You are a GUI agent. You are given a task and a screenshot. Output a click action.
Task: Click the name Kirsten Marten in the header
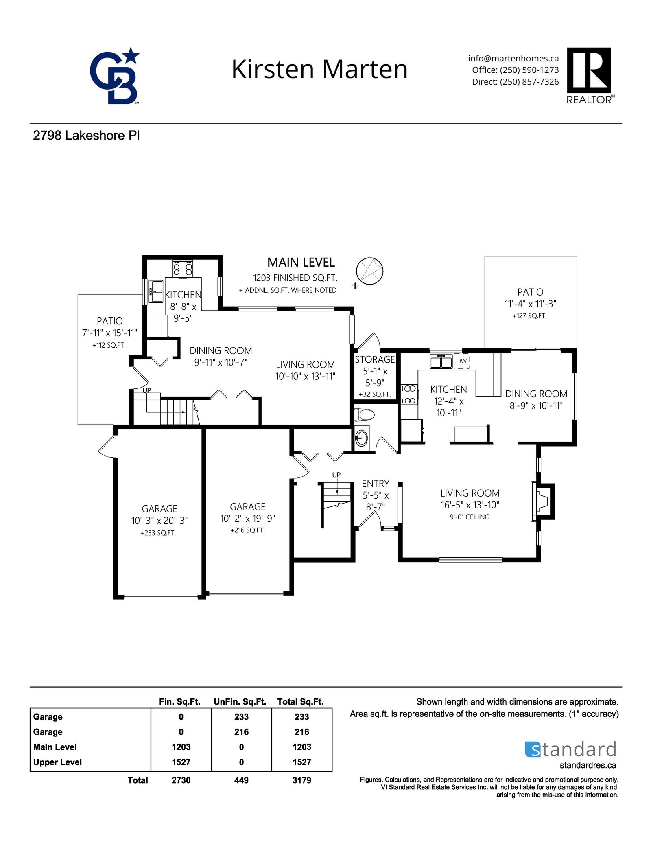[x=319, y=69]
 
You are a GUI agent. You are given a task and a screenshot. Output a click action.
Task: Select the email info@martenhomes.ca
[x=513, y=59]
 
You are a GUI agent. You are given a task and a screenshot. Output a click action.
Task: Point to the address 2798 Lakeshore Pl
[x=86, y=136]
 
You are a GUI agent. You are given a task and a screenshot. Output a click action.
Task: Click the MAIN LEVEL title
[x=301, y=263]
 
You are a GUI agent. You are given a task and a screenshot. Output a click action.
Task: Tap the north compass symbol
[x=369, y=271]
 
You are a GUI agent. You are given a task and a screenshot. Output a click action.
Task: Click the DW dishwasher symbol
[x=461, y=361]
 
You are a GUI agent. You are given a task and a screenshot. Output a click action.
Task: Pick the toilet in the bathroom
[x=364, y=415]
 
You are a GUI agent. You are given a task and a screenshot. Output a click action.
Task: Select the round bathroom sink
[x=361, y=438]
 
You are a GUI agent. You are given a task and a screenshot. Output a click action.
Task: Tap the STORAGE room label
[x=375, y=359]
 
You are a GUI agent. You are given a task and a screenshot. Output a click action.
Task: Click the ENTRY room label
[x=376, y=484]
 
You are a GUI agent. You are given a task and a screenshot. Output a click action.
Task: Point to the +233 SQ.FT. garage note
[x=158, y=533]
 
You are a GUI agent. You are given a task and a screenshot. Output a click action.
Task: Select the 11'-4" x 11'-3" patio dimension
[x=530, y=304]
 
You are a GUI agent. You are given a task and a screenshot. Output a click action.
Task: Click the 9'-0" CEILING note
[x=470, y=517]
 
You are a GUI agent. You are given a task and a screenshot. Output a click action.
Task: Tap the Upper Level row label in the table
[x=57, y=762]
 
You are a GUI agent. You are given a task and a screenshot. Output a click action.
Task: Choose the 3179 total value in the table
[x=301, y=780]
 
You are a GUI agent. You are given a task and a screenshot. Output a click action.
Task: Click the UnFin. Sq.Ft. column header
[x=240, y=702]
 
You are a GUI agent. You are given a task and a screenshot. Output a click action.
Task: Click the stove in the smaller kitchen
[x=183, y=268]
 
